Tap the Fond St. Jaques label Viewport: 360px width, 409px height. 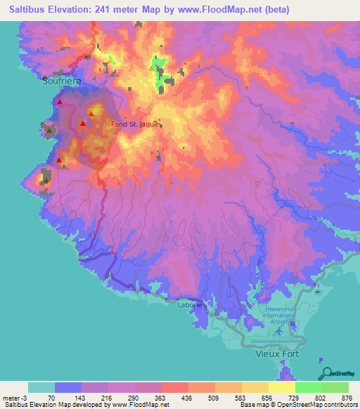point(136,124)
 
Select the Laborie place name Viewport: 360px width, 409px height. point(190,305)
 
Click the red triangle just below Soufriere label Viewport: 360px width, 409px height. point(60,103)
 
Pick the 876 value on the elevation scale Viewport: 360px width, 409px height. point(335,397)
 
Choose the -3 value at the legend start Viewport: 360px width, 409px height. point(23,397)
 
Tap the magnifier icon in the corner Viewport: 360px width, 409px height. point(326,372)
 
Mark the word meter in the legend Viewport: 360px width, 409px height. point(10,397)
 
